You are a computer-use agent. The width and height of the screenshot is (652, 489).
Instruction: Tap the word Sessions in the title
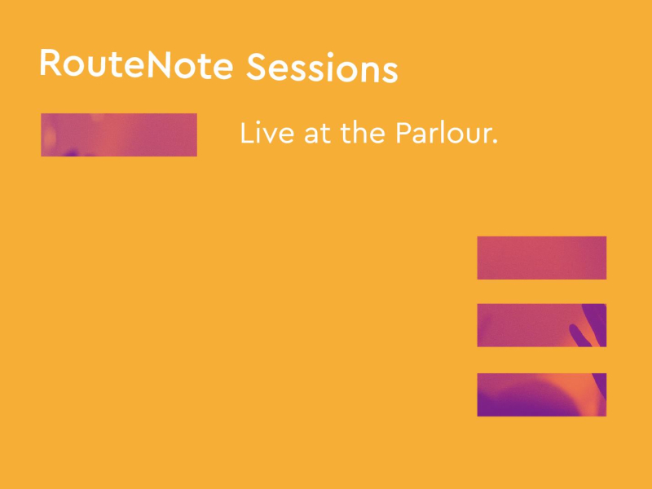pyautogui.click(x=322, y=68)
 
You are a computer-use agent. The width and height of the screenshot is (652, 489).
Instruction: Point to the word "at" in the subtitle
pyautogui.click(x=319, y=135)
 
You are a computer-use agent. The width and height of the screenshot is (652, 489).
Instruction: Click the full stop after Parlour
pyautogui.click(x=495, y=143)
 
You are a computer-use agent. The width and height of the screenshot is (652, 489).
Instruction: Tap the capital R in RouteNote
pyautogui.click(x=51, y=64)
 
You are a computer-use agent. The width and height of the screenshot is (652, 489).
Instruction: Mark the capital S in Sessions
pyautogui.click(x=258, y=68)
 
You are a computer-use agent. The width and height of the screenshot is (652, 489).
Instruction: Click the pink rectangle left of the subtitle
pyautogui.click(x=119, y=134)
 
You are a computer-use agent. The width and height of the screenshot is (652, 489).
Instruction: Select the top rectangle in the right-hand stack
pyautogui.click(x=541, y=258)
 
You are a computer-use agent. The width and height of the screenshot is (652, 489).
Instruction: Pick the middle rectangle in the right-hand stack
pyautogui.click(x=541, y=325)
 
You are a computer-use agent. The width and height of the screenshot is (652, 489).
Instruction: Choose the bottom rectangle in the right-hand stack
pyautogui.click(x=541, y=394)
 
